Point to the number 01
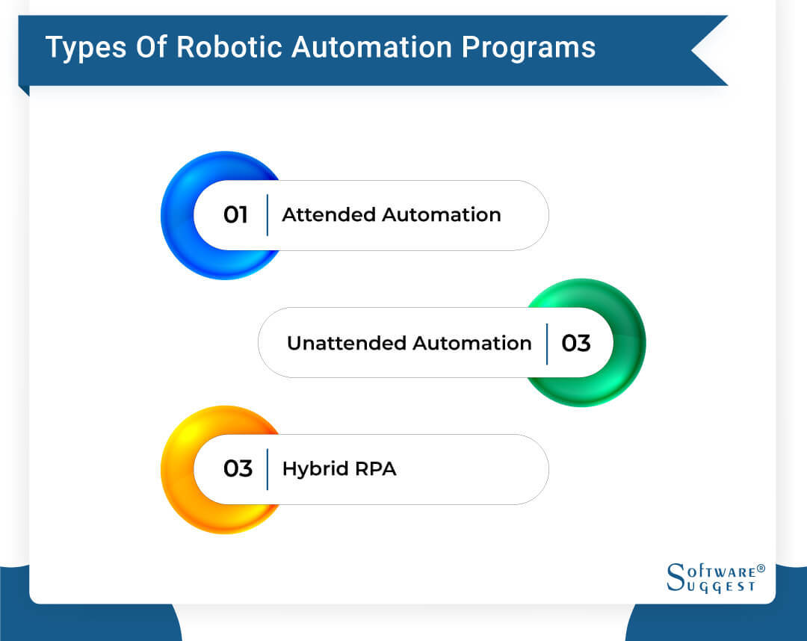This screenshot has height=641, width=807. (235, 215)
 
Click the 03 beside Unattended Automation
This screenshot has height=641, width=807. (576, 344)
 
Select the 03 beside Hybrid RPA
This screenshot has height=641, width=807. (238, 469)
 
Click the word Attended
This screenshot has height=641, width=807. (329, 215)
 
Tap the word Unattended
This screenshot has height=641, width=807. (346, 344)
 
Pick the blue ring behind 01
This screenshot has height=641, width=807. (176, 215)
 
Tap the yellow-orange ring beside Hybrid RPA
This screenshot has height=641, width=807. (176, 469)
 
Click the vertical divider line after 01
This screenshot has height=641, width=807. (267, 215)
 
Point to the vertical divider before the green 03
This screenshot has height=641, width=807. (547, 344)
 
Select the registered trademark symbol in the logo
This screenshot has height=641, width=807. (761, 569)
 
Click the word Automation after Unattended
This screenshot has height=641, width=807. (472, 344)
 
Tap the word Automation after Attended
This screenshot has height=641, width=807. (441, 215)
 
